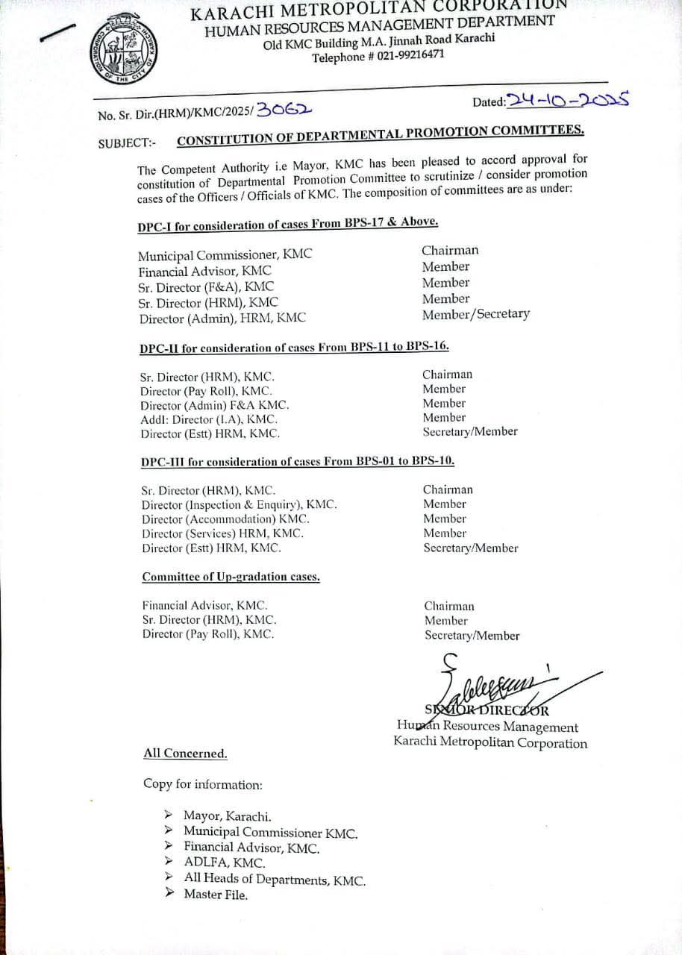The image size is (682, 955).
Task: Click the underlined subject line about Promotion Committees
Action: point(380,135)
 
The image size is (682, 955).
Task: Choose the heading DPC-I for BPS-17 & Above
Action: point(287,224)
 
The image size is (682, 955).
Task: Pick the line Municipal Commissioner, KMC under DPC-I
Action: point(225,255)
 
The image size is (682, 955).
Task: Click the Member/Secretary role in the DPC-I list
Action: point(475,314)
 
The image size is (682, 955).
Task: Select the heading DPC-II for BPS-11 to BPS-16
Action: point(294,348)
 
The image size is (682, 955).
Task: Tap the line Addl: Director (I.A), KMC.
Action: point(209,419)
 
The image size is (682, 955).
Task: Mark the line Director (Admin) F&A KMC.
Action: point(214,405)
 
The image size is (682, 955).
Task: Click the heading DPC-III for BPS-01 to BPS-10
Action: point(298,462)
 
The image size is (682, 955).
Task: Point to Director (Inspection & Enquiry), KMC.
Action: point(239,505)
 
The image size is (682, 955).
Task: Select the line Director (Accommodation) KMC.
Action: point(225,519)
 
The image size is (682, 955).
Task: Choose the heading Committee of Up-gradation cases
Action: point(231,577)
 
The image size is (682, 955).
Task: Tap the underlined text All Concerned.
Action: point(185,754)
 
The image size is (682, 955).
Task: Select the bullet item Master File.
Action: point(216,895)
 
